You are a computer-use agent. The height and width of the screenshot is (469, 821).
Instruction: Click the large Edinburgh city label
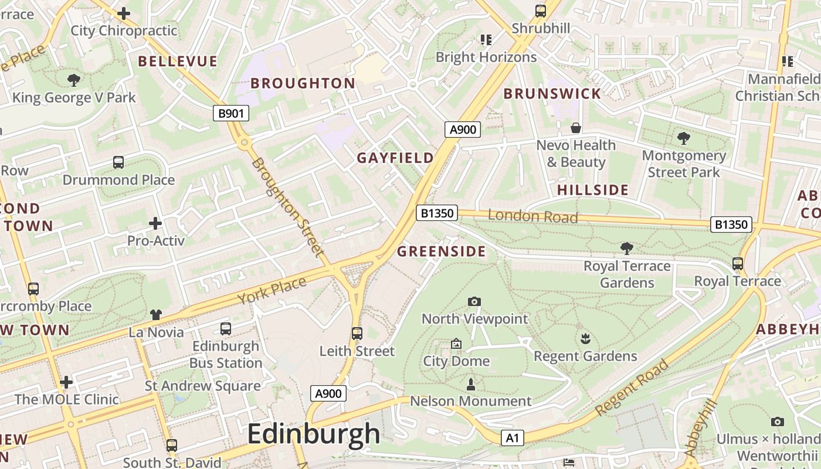pos(314,434)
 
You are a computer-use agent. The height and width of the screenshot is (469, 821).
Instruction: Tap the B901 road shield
pos(230,113)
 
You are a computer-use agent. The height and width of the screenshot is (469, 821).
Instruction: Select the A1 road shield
pos(512,438)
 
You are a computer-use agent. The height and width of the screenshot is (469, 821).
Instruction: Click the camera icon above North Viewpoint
pos(474,302)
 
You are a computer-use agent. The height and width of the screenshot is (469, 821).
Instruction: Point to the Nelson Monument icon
pos(470,385)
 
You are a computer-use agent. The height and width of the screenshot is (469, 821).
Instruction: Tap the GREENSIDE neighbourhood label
pos(442,252)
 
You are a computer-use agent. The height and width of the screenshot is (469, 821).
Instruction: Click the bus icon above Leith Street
pos(357,334)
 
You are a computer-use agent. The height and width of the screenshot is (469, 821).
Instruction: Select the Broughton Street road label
pos(287,207)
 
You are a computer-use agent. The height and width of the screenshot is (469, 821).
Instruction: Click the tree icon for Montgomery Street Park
pos(683,138)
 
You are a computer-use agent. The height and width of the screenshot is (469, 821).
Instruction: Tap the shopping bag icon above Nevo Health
pos(576,128)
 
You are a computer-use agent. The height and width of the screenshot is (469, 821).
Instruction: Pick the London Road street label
pos(532,216)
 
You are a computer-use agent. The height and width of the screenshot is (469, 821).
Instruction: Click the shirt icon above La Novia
pos(155,315)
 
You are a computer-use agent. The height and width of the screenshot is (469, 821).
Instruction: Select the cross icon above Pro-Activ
pos(155,223)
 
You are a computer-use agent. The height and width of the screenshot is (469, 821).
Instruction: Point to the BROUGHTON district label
pos(303,83)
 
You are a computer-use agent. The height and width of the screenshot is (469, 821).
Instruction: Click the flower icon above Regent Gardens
pos(585,339)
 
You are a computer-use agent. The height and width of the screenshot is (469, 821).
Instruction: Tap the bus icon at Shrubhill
pos(540,11)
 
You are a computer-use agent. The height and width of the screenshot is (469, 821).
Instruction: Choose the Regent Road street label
pos(632,388)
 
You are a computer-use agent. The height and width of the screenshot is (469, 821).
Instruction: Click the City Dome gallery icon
pos(456,344)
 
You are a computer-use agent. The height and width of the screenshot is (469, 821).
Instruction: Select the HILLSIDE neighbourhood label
pos(592,190)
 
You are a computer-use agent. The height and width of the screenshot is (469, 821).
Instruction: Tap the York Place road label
pos(272,291)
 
